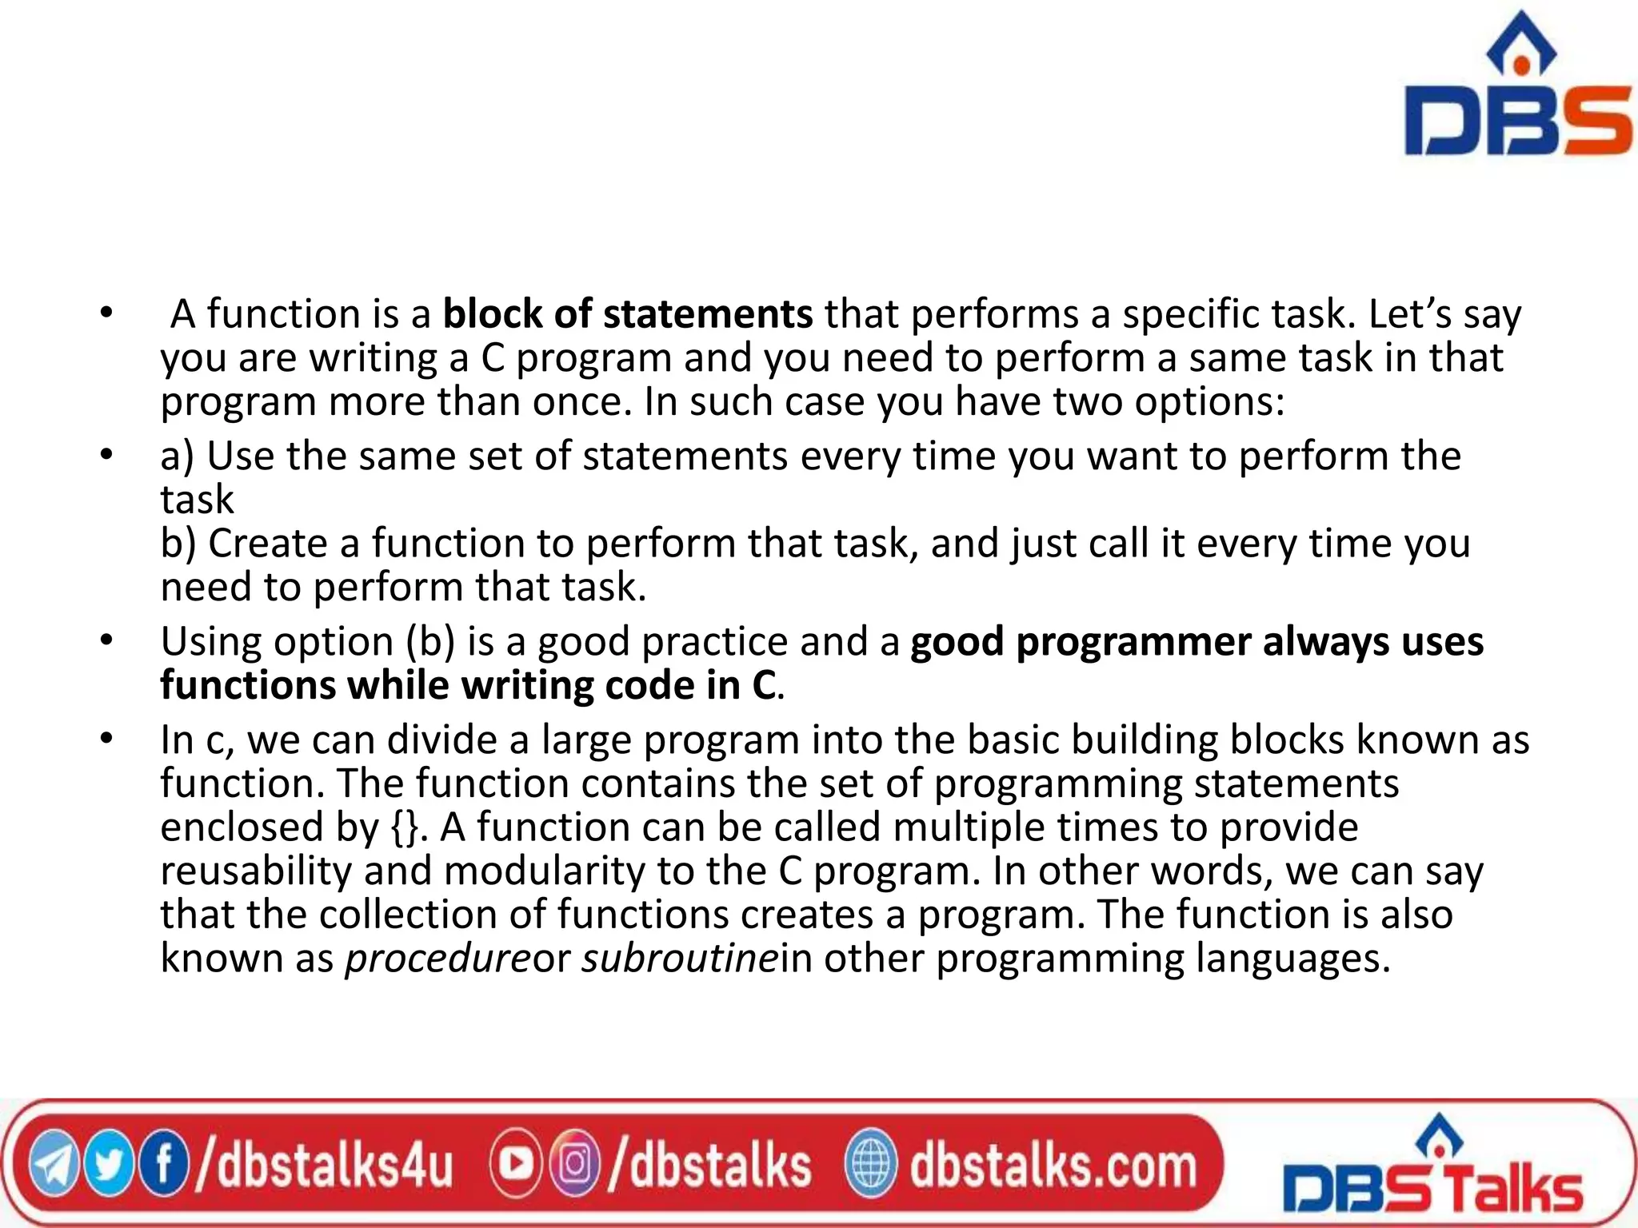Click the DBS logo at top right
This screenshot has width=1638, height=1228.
[1516, 88]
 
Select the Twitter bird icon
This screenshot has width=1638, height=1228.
[110, 1166]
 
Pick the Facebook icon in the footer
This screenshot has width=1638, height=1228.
[163, 1166]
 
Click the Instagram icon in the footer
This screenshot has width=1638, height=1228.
[574, 1165]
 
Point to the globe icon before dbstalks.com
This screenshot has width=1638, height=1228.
[871, 1166]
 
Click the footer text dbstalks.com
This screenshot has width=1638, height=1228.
[1053, 1166]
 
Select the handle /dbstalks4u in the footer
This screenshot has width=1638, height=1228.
[325, 1166]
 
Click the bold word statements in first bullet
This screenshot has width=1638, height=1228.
[708, 313]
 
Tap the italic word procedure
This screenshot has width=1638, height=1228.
[437, 958]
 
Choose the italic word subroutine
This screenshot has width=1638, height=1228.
[679, 958]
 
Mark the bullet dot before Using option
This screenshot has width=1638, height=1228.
[106, 640]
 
